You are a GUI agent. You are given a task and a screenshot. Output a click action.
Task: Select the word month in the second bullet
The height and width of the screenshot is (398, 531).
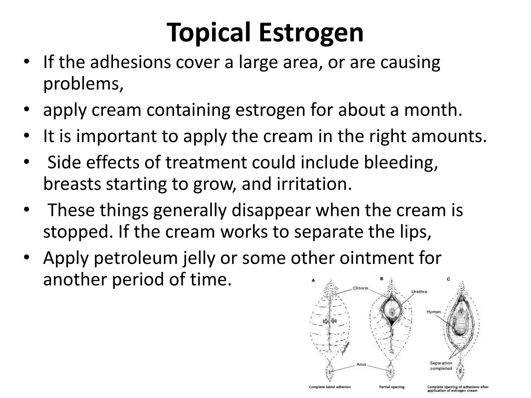[433, 110]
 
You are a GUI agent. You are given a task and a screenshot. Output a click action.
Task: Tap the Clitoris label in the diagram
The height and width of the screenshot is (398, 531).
[360, 288]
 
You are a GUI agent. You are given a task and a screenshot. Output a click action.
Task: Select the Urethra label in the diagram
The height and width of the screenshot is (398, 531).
[419, 292]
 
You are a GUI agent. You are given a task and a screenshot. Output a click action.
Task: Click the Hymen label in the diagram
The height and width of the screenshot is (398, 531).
[434, 312]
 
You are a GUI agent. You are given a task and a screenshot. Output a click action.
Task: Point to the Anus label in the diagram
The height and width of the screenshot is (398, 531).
[361, 364]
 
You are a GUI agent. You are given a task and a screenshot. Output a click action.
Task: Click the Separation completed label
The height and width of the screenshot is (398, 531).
[441, 366]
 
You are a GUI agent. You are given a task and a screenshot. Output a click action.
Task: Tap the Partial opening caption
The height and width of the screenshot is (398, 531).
[392, 387]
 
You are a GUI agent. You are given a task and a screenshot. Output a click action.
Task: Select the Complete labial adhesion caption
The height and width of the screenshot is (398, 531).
[330, 387]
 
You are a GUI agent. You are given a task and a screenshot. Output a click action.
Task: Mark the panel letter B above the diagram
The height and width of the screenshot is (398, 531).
[382, 279]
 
